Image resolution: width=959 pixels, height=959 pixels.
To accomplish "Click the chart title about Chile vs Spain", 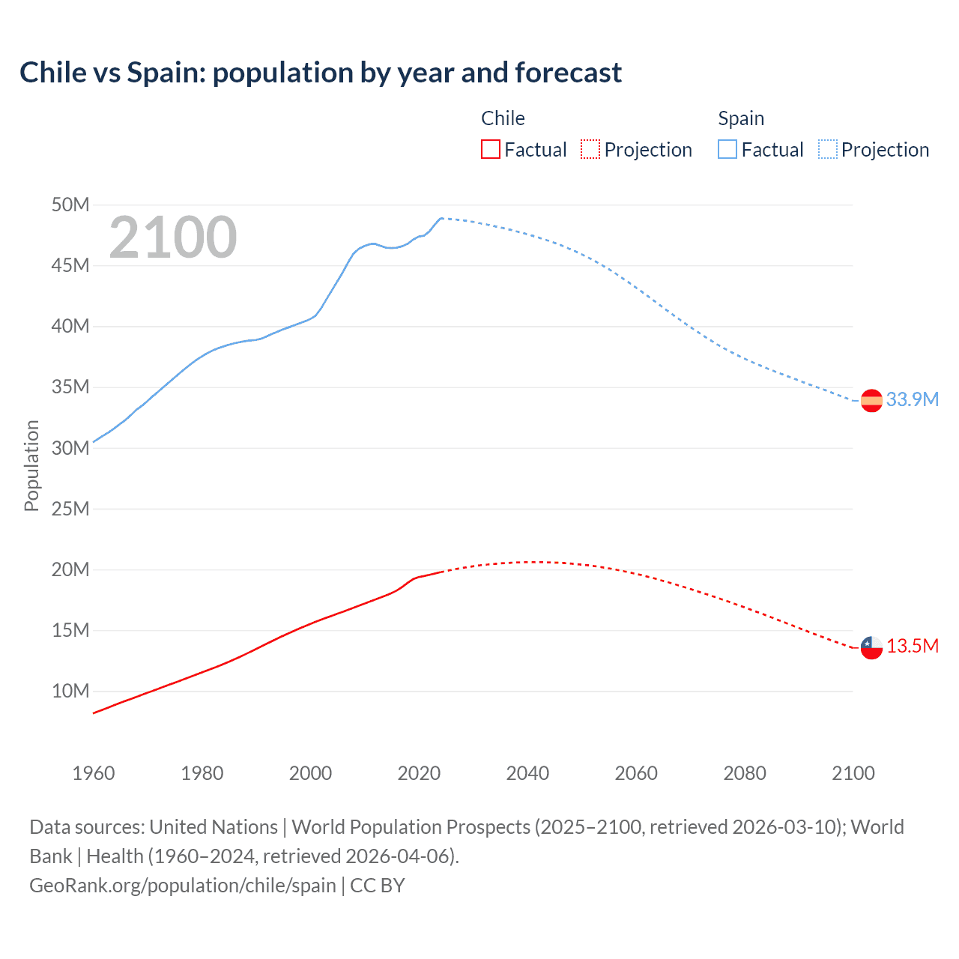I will (x=321, y=73).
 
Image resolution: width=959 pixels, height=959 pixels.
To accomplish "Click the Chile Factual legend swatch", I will (x=490, y=149).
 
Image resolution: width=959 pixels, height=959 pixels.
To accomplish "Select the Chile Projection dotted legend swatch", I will (x=590, y=149).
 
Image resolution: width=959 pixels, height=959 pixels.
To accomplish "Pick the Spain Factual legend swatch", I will (x=727, y=149).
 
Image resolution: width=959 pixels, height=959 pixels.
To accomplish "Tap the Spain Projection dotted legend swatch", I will (x=827, y=149).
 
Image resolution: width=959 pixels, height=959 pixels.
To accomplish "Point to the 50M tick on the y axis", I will (x=70, y=205).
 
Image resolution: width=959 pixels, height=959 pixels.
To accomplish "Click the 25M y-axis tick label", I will (x=70, y=509).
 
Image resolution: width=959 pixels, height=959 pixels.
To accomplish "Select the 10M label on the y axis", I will (x=70, y=691).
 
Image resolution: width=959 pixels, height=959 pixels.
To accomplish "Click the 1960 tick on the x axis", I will (x=94, y=773).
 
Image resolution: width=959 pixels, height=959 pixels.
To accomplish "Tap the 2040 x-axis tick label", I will (x=527, y=773).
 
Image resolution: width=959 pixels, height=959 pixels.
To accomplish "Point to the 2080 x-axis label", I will (x=745, y=773).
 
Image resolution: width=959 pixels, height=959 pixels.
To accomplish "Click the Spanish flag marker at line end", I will (x=871, y=400).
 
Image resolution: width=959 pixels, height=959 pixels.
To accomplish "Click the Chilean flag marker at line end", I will (x=871, y=647).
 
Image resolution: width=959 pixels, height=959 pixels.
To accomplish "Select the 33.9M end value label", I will (x=912, y=399).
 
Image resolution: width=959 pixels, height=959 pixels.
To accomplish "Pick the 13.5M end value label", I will (x=912, y=646).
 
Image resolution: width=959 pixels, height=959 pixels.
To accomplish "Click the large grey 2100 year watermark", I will (x=173, y=238).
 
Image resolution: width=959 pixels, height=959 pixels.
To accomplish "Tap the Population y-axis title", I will (x=31, y=465).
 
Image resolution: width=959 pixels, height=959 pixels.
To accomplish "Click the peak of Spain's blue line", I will (x=441, y=218).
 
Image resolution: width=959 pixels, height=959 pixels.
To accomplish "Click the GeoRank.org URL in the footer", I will (x=182, y=885).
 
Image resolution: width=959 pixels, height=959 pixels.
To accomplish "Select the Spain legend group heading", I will (x=741, y=118).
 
